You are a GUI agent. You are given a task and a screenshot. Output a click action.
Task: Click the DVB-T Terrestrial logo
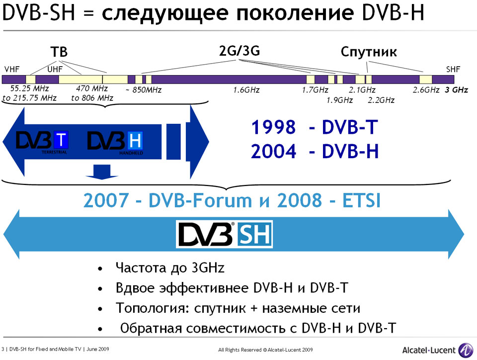pyautogui.click(x=42, y=142)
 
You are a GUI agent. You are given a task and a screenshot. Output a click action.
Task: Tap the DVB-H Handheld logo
pyautogui.click(x=115, y=142)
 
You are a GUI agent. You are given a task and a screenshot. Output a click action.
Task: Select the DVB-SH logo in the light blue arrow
pyautogui.click(x=225, y=234)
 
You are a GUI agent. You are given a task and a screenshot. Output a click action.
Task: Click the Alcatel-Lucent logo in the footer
pyautogui.click(x=437, y=350)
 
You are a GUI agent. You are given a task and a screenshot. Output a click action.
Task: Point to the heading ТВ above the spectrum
pyautogui.click(x=59, y=52)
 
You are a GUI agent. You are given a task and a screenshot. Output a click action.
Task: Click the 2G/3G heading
pyautogui.click(x=239, y=51)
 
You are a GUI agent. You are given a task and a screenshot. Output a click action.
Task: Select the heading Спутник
pyautogui.click(x=368, y=52)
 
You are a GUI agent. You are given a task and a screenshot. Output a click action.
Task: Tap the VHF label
pyautogui.click(x=12, y=70)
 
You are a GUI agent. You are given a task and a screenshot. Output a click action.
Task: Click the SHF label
pyautogui.click(x=453, y=70)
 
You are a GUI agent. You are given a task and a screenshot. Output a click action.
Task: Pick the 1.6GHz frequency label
pyautogui.click(x=246, y=90)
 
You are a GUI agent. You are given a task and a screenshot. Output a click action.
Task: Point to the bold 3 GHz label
pyautogui.click(x=456, y=90)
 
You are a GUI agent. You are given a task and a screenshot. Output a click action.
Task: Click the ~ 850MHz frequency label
pyautogui.click(x=143, y=90)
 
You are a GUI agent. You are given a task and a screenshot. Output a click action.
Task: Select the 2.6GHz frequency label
pyautogui.click(x=426, y=90)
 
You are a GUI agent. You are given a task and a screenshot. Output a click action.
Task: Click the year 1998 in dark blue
pyautogui.click(x=273, y=127)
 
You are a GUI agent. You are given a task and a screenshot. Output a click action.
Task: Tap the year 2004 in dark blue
pyautogui.click(x=273, y=151)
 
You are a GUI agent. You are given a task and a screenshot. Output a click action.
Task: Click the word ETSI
pyautogui.click(x=361, y=200)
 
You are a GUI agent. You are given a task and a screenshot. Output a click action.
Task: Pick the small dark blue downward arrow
pyautogui.click(x=101, y=172)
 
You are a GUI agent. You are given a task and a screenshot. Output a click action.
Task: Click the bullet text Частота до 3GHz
pyautogui.click(x=170, y=268)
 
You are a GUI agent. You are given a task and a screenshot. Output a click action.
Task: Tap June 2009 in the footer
pyautogui.click(x=98, y=349)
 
